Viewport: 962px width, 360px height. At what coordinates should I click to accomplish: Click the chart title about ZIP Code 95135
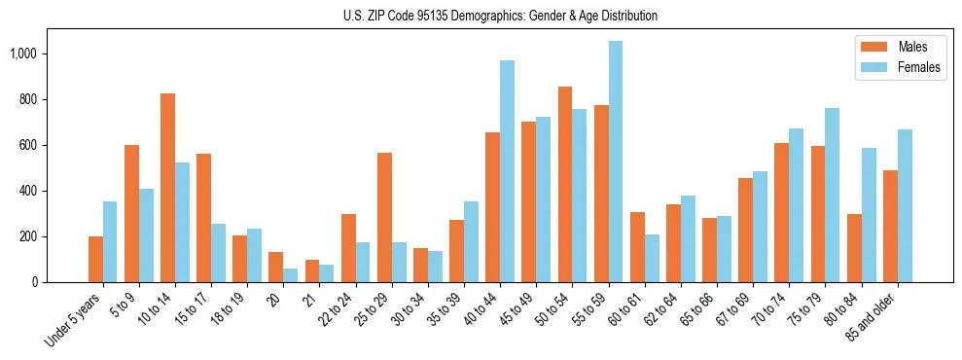point(500,16)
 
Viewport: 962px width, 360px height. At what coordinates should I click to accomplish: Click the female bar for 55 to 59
point(616,162)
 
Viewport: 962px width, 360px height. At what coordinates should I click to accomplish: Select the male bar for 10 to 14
point(167,188)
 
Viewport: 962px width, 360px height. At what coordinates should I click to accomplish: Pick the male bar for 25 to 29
point(384,217)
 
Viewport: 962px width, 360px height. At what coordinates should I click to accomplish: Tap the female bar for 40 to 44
point(507,171)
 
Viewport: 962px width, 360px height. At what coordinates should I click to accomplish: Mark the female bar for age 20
point(290,275)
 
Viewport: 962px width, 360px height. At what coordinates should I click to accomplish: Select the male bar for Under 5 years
point(95,259)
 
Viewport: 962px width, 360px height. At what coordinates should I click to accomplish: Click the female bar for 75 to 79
point(833,195)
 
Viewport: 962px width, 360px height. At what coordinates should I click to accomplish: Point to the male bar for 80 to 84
point(854,248)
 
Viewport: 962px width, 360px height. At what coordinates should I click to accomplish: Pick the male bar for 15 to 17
point(203,218)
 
